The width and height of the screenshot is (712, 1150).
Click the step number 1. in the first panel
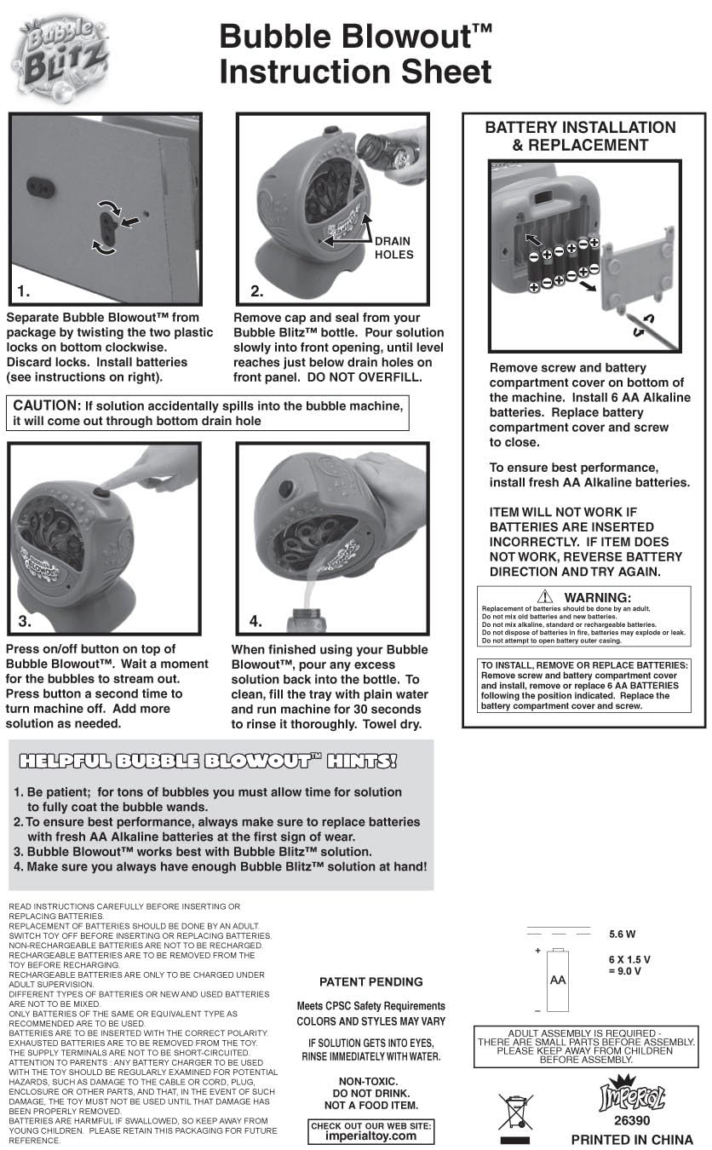[x=24, y=291]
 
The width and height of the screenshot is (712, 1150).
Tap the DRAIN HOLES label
[x=393, y=248]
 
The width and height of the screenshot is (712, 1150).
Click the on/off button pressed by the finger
[x=101, y=494]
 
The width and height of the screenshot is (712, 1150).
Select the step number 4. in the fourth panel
[x=256, y=621]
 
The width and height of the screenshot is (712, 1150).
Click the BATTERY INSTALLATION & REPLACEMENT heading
[x=581, y=136]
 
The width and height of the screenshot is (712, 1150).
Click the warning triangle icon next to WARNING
[x=545, y=596]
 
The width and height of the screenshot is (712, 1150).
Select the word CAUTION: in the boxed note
[x=47, y=405]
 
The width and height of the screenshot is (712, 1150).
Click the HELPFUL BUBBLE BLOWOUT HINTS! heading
[x=208, y=761]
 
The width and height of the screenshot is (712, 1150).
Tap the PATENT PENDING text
[x=371, y=981]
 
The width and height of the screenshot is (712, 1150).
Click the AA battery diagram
[x=558, y=980]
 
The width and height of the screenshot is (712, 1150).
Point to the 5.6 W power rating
[x=623, y=934]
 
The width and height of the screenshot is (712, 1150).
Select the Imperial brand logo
[x=632, y=1093]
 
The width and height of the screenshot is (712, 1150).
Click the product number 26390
[x=632, y=1120]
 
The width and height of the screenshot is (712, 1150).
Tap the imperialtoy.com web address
[x=370, y=1136]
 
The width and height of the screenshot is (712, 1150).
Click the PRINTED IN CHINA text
[x=632, y=1140]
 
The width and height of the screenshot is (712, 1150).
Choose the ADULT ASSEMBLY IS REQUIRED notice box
[x=586, y=1046]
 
